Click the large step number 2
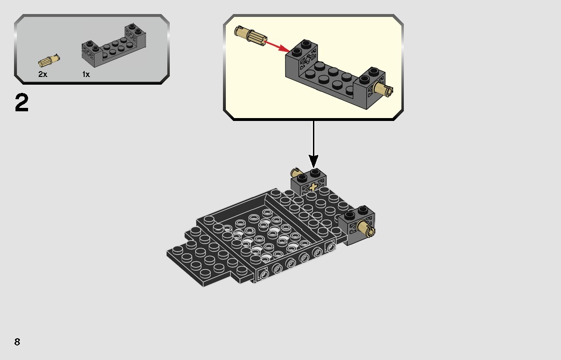point(22,103)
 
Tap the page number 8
point(17,342)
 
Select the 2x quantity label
point(43,75)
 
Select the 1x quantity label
point(86,75)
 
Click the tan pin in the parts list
point(49,61)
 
